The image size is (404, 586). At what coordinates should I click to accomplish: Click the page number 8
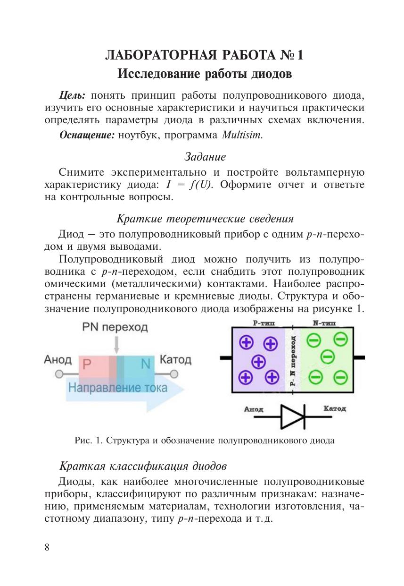[x=47, y=547]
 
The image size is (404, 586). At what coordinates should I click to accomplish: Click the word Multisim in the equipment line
[x=242, y=135]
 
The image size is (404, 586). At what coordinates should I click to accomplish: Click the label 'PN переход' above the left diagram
[x=115, y=327]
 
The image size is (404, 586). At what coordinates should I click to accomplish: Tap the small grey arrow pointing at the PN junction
[x=116, y=345]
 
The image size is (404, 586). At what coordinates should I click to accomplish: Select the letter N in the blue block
[x=145, y=364]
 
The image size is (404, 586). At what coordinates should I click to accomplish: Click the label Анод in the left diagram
[x=58, y=360]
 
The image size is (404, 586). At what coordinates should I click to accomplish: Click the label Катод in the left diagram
[x=175, y=360]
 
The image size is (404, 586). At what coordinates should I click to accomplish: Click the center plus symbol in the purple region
[x=258, y=361]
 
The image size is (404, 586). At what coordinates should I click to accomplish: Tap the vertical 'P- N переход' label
[x=293, y=361]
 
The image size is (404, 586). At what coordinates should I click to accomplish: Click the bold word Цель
[x=72, y=95]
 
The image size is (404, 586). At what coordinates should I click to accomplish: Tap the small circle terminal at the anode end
[x=59, y=374]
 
